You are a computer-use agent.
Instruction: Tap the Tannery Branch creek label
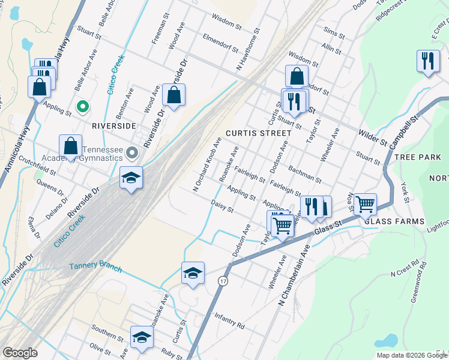[x=95, y=266]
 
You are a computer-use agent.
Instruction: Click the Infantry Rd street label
[x=230, y=325]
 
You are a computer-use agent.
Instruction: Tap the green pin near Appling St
[x=83, y=107]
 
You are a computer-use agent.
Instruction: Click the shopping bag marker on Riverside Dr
[x=173, y=95]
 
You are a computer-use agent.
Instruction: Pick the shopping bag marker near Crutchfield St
[x=71, y=146]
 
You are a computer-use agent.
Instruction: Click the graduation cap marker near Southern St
[x=142, y=337]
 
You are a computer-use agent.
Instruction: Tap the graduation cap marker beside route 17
[x=192, y=273]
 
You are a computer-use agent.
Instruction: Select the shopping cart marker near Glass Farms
[x=365, y=205]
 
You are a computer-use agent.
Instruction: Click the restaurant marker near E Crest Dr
[x=428, y=61]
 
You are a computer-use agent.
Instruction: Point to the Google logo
[x=20, y=353]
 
